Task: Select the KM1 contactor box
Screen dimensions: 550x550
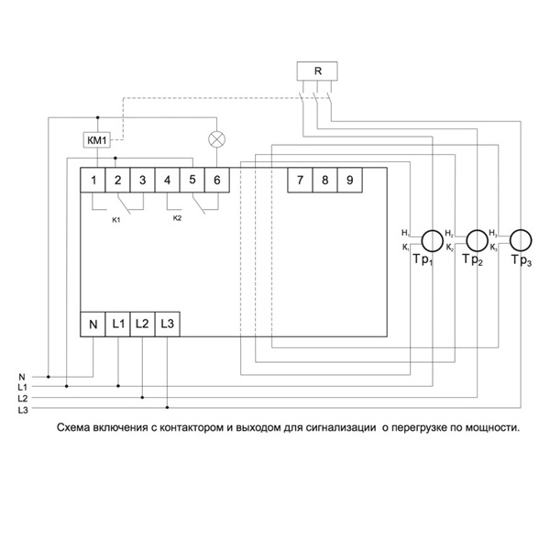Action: click(x=96, y=140)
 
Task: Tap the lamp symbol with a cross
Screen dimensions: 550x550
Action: click(x=217, y=140)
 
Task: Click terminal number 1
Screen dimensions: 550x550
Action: click(x=93, y=180)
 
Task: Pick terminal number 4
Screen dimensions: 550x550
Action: click(x=168, y=180)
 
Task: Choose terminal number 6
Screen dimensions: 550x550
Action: click(x=217, y=180)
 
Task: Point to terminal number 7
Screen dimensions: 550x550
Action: click(x=300, y=180)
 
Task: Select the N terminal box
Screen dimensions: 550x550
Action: click(x=93, y=324)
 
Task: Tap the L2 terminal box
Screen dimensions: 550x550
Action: click(x=142, y=324)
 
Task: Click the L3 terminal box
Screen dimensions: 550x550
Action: click(x=167, y=324)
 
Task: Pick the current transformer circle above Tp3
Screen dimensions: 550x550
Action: click(x=521, y=240)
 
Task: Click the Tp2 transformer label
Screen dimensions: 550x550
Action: click(x=472, y=262)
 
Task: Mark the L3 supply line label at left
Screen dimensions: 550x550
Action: click(x=23, y=410)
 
